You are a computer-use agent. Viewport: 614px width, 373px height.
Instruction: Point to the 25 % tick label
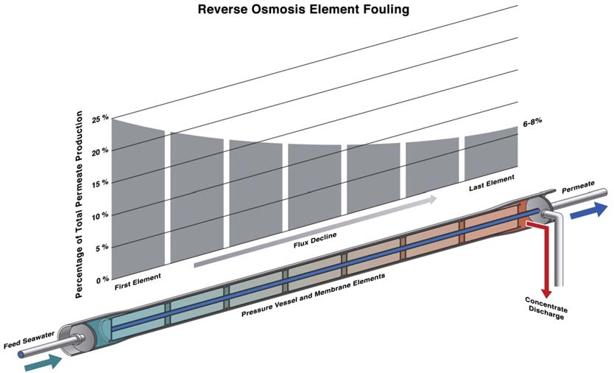pos(100,119)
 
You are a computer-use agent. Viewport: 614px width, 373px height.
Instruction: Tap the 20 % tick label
pos(100,150)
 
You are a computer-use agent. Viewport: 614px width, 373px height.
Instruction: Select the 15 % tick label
pos(100,183)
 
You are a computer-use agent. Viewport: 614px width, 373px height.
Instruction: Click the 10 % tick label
pos(100,215)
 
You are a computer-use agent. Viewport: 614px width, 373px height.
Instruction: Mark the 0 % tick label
pos(102,280)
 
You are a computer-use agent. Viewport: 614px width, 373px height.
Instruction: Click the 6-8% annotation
pos(534,124)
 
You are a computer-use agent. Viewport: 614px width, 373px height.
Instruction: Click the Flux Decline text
pos(307,240)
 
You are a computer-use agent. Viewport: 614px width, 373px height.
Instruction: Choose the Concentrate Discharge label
pos(544,309)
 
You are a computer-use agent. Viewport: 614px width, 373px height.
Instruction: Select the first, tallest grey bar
pos(138,195)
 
